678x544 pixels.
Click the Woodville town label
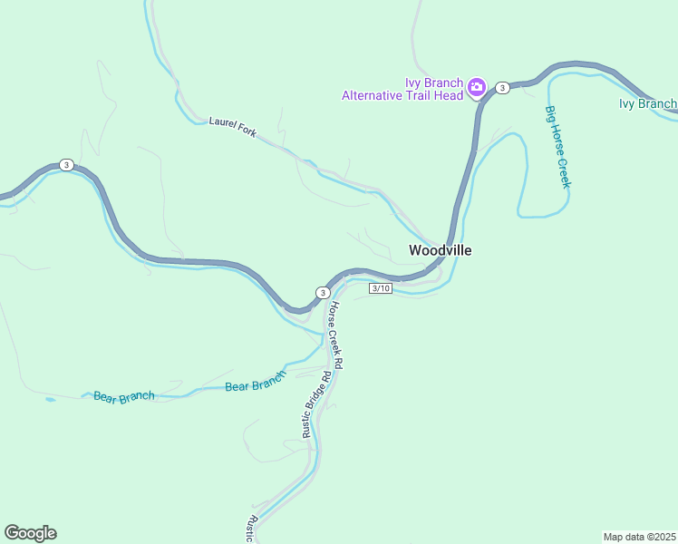440,250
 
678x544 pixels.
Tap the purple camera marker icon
477,88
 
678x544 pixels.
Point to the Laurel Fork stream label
233,126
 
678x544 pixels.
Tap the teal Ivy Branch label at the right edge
647,103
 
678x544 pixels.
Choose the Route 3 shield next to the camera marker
502,87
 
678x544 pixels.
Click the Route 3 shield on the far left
66,164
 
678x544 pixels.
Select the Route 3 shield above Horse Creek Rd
323,292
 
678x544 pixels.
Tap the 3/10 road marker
381,288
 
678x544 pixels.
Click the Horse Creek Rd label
334,335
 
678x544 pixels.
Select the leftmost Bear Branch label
124,397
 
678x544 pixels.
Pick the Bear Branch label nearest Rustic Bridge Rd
255,385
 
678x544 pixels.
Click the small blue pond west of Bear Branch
49,399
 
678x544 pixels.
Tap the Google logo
30,533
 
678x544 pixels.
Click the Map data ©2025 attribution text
639,537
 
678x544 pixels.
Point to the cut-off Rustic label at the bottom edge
255,530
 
